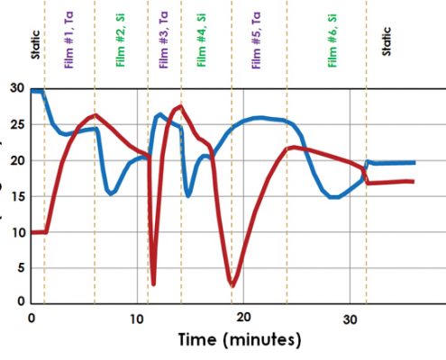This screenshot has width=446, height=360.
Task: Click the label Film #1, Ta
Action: click(x=68, y=40)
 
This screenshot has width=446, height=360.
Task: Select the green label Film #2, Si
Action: click(x=120, y=40)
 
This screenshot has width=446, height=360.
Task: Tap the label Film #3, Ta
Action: click(x=164, y=40)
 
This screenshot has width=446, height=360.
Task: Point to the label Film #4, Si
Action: click(x=201, y=40)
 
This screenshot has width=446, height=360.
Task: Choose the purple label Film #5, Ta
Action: click(x=256, y=40)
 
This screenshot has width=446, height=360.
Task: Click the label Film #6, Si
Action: click(x=332, y=40)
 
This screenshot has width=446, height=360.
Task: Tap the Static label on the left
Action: click(x=35, y=45)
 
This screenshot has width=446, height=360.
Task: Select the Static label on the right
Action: click(x=387, y=41)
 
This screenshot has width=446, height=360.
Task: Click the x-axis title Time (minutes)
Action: click(x=240, y=339)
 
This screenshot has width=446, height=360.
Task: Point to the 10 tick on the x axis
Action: click(x=137, y=319)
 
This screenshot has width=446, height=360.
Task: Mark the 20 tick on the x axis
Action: click(x=243, y=318)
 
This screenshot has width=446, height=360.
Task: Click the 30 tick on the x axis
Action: click(x=350, y=319)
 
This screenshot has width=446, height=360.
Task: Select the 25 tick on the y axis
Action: click(x=17, y=124)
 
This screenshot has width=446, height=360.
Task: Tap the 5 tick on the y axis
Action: click(x=21, y=268)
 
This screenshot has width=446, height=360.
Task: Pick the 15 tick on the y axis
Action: click(x=17, y=196)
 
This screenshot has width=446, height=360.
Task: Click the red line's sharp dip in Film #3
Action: click(x=153, y=283)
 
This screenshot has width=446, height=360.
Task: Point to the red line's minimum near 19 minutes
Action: click(x=232, y=285)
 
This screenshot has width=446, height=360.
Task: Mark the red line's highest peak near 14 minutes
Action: click(x=180, y=106)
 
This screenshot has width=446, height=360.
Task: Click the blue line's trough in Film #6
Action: click(x=334, y=197)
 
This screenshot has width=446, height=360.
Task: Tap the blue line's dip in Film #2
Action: click(x=111, y=193)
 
